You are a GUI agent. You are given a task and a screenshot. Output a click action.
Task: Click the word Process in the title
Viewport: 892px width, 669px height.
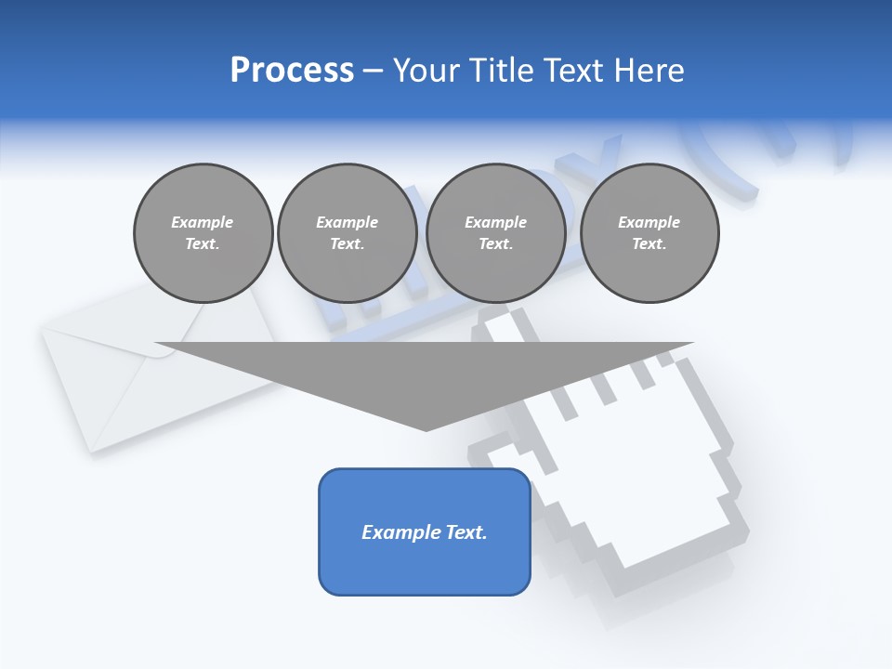(292, 71)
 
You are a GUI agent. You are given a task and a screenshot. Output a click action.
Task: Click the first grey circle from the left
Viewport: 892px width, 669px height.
(203, 233)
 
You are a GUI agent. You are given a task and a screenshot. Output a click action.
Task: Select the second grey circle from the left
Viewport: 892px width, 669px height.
(348, 233)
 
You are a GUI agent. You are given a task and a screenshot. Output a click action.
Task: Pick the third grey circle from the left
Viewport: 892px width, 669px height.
(496, 233)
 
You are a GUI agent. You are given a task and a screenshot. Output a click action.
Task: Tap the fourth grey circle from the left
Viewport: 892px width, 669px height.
(649, 233)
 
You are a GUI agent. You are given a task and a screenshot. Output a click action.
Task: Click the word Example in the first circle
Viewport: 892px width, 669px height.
(203, 222)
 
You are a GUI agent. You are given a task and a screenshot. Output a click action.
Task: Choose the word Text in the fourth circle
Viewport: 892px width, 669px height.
(649, 244)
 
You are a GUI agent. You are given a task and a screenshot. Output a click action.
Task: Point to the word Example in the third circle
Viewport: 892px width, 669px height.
(496, 222)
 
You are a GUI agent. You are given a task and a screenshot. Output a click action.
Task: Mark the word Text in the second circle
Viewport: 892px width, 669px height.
(348, 244)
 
